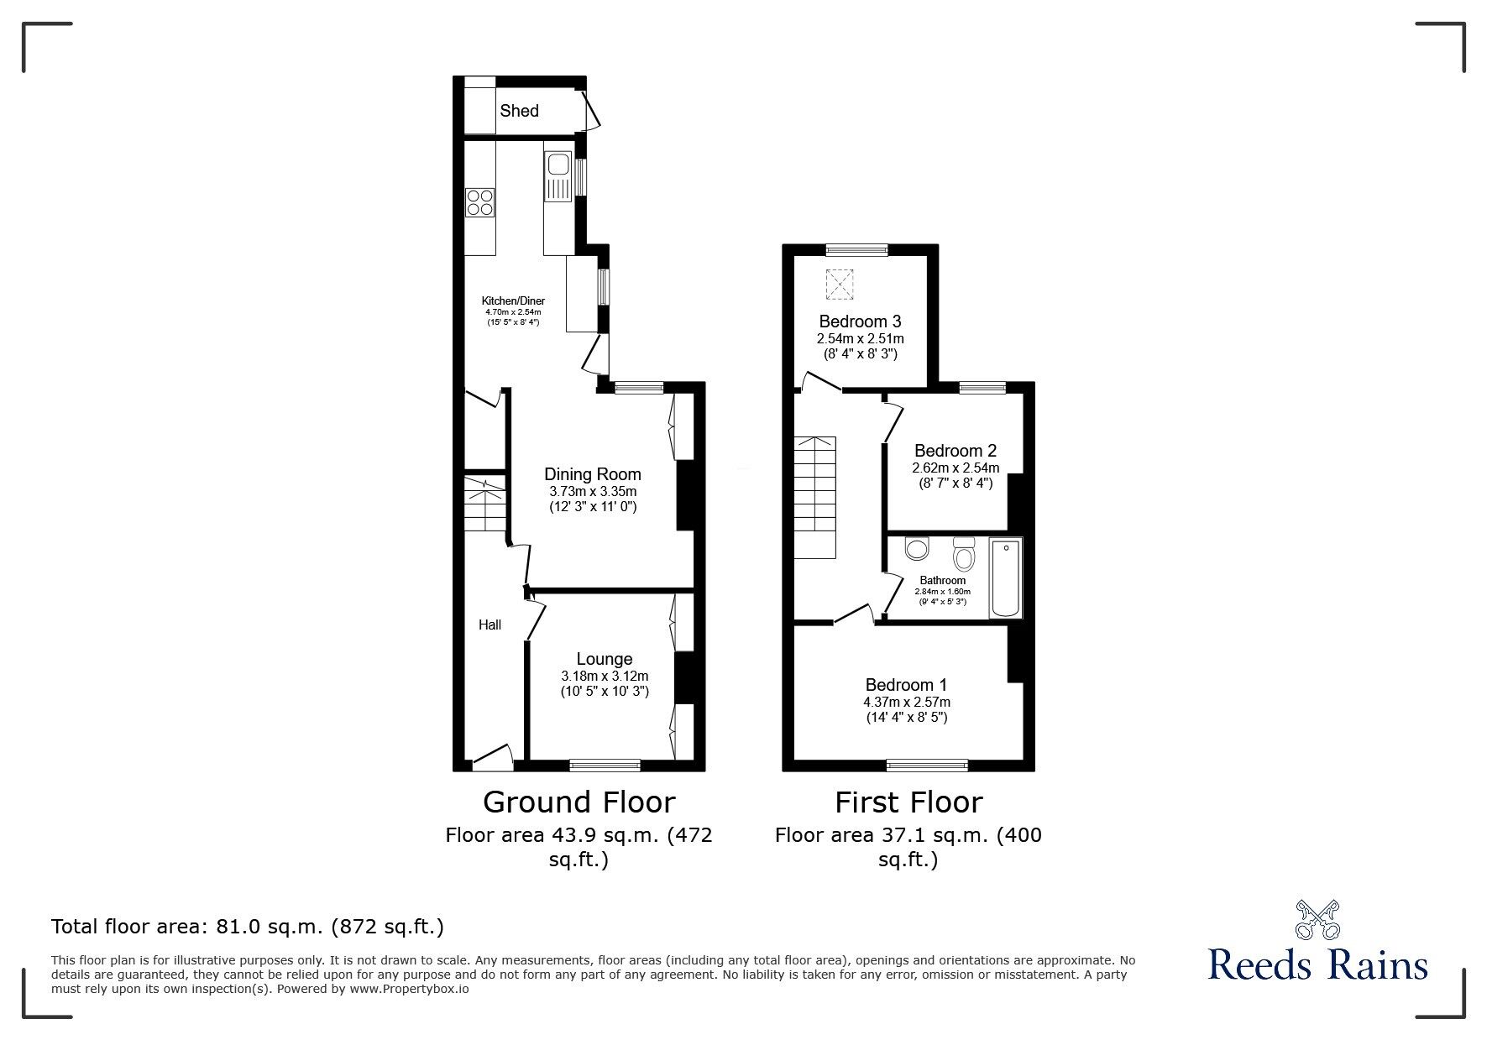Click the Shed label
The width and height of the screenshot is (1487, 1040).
(519, 111)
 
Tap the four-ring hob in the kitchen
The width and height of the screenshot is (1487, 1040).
(480, 202)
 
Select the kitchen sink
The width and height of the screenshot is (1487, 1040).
(558, 177)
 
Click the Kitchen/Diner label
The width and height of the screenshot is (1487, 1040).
(513, 301)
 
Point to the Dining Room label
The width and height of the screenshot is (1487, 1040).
(593, 474)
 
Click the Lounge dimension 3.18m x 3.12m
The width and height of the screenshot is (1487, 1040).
(605, 676)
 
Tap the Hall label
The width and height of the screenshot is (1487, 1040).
(490, 625)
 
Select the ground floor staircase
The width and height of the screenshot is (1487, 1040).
(485, 504)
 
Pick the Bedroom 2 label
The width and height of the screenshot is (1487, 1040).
(956, 451)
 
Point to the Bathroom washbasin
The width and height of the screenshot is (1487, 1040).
(916, 548)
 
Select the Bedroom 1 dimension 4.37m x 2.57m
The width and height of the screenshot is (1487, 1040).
(907, 702)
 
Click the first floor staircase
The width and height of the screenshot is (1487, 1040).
(814, 497)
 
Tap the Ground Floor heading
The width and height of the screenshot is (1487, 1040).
(579, 802)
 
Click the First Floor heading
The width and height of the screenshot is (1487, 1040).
(908, 802)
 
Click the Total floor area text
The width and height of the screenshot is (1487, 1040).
(248, 927)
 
